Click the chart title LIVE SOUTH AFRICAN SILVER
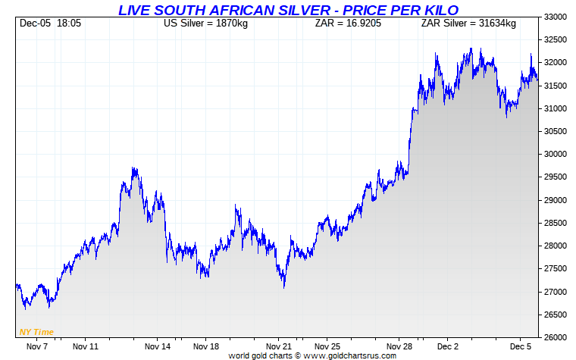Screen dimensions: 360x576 pyautogui.click(x=288, y=9)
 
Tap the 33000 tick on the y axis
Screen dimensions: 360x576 pyautogui.click(x=558, y=17)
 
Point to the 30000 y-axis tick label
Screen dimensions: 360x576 pyautogui.click(x=558, y=154)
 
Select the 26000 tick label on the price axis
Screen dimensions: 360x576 pyautogui.click(x=558, y=337)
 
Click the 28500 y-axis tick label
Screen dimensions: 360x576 pyautogui.click(x=558, y=223)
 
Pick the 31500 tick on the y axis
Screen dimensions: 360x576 pyautogui.click(x=558, y=86)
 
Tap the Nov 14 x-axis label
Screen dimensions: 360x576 pyautogui.click(x=158, y=346)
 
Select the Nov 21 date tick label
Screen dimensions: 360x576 pyautogui.click(x=280, y=346)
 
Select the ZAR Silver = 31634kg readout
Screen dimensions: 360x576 pyautogui.click(x=468, y=23)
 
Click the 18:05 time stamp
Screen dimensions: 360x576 pyautogui.click(x=69, y=23)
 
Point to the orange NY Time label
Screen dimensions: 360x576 pyautogui.click(x=36, y=332)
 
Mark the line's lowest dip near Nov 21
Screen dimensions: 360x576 pyautogui.click(x=283, y=287)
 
